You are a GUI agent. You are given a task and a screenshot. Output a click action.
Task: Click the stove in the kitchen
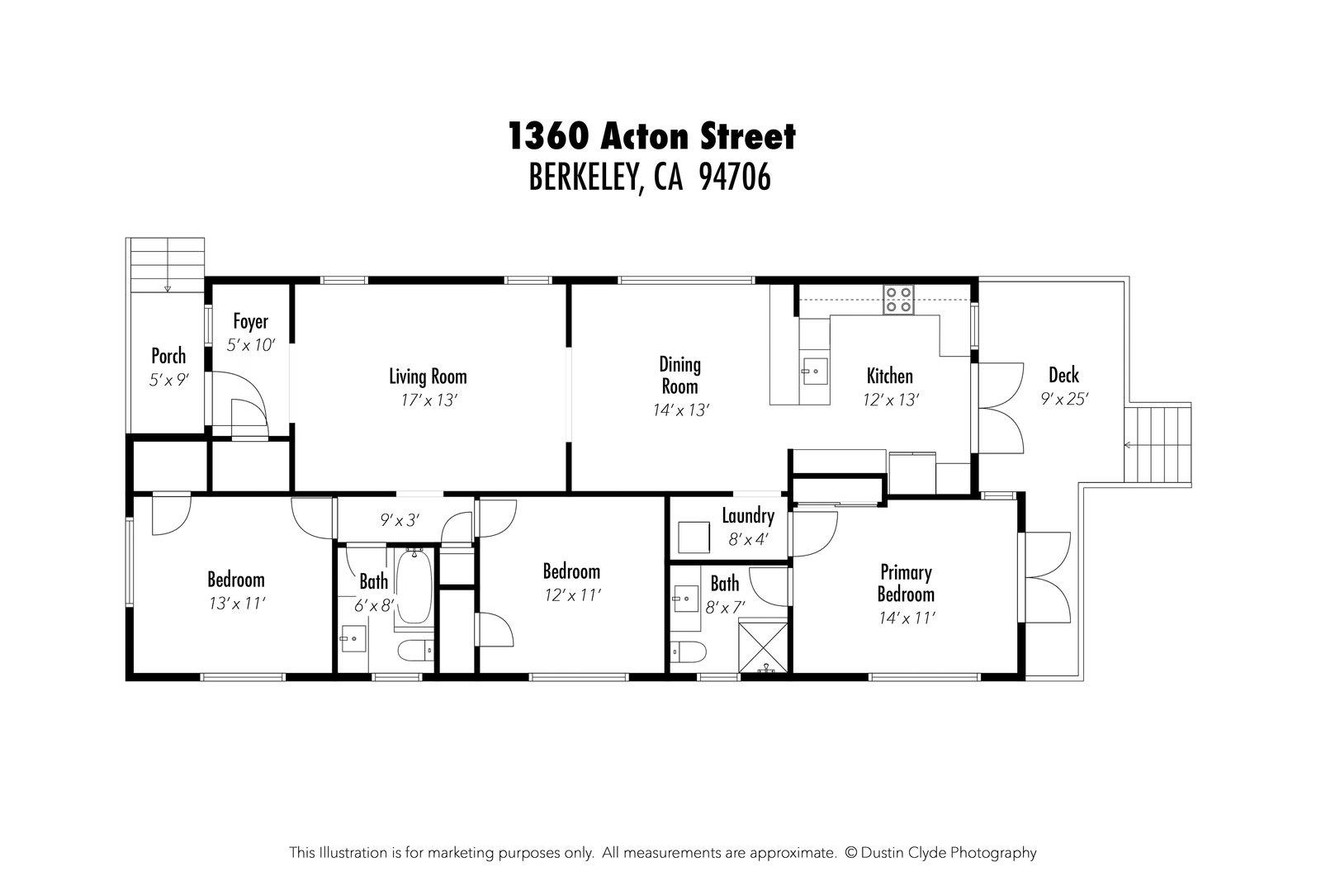(898, 299)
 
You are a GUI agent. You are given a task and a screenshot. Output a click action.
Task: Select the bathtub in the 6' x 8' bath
(412, 587)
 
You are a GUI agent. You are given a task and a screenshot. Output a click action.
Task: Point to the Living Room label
(428, 377)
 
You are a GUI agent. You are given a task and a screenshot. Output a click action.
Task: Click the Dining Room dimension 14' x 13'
(679, 410)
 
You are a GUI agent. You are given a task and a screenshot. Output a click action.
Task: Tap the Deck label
(1063, 376)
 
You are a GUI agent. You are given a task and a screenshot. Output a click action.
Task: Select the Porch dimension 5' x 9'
(168, 380)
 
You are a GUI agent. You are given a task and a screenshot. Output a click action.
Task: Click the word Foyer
(250, 321)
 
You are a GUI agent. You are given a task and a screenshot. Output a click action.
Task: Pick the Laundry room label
(747, 517)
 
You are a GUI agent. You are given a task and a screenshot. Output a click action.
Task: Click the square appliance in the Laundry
(694, 538)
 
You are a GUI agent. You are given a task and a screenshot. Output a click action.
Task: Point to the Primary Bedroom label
(906, 583)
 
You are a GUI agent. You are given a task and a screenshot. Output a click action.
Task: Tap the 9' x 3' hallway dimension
(400, 520)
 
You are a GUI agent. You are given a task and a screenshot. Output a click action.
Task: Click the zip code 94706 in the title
(734, 177)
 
